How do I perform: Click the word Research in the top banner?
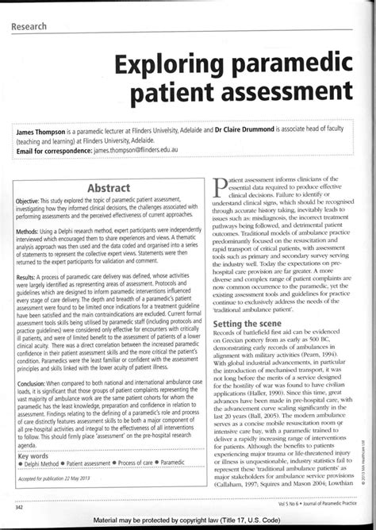coord(29,27)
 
